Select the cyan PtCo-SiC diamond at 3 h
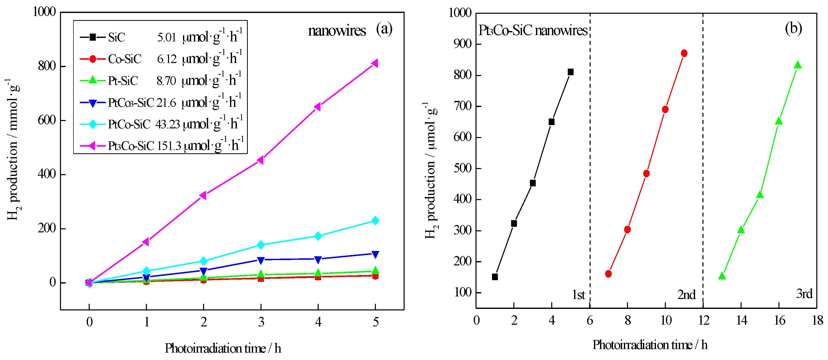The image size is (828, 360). coord(261,245)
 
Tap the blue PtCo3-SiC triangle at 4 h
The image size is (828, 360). coord(318,259)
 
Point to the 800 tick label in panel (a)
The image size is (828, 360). coord(47,66)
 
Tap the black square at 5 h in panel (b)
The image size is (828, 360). coord(571,72)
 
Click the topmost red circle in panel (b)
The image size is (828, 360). coord(684,53)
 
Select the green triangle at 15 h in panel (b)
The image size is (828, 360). coord(760,195)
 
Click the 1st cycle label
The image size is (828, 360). coord(578,295)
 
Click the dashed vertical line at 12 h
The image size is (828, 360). coord(703,161)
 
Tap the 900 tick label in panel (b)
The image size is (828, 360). coord(463,44)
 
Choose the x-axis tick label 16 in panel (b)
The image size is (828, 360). coord(779,320)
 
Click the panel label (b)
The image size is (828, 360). coord(793,29)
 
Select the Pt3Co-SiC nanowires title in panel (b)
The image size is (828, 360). coord(533,31)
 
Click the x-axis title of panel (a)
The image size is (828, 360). coord(223,348)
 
